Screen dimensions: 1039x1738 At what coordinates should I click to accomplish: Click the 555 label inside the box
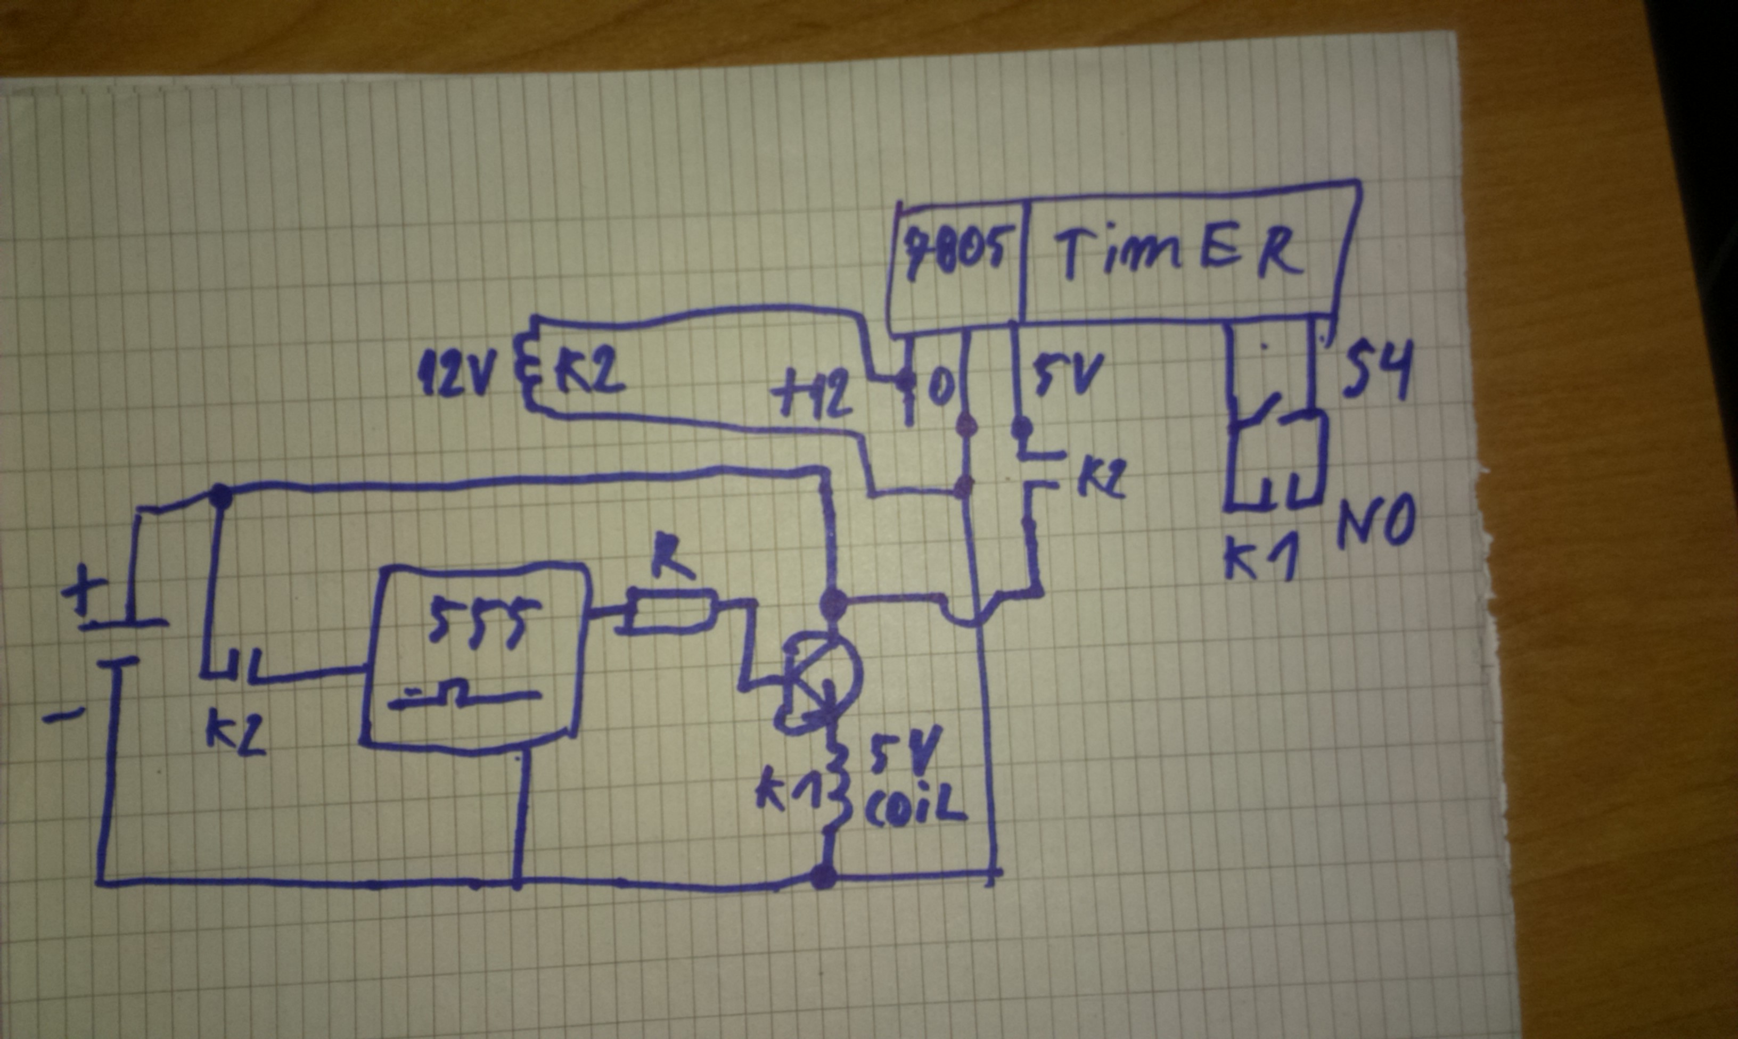pos(476,622)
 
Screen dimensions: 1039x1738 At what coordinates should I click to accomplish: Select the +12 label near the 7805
pos(812,397)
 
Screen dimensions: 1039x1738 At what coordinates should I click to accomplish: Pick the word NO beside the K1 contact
pos(1375,522)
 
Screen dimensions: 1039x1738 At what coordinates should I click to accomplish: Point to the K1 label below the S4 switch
pos(1260,560)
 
